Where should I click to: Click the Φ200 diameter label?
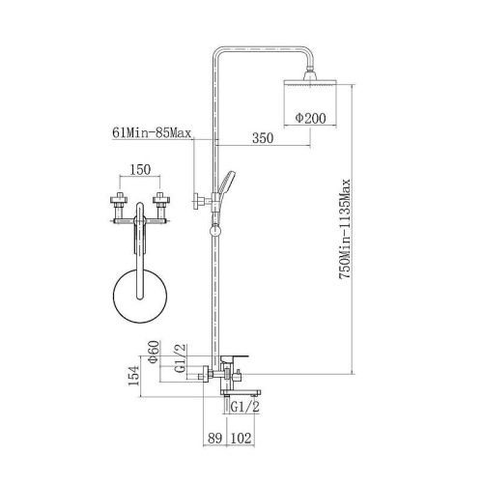(x=311, y=118)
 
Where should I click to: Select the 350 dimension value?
(x=263, y=138)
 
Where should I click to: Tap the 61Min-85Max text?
(x=152, y=132)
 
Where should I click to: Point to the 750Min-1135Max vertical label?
(x=346, y=229)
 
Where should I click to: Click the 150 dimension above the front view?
(x=140, y=169)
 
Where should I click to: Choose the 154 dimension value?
(x=133, y=376)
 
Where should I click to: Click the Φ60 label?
(x=154, y=352)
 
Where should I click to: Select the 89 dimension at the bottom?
(x=214, y=439)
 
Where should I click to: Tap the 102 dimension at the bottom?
(x=241, y=439)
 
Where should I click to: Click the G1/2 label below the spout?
(x=245, y=408)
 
